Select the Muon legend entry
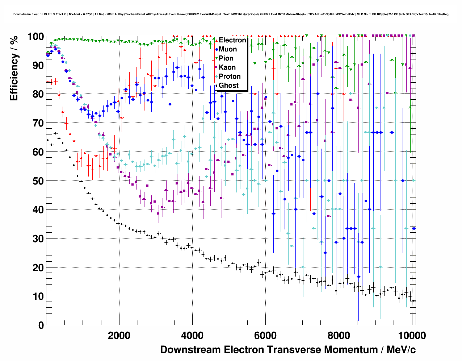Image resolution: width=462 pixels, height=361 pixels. coord(228,49)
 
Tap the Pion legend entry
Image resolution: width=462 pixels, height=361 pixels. coord(226,58)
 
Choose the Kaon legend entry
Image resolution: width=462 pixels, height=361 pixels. coord(227,67)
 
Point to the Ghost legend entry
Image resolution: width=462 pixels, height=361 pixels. coord(228,86)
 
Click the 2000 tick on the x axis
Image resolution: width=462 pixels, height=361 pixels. coord(119,336)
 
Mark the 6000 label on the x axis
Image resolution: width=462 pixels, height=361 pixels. coord(265,336)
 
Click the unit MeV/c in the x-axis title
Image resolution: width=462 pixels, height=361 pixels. coord(401,350)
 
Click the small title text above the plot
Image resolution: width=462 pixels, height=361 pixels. coord(231,14)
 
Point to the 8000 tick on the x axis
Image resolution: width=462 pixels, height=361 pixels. coord(339,336)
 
